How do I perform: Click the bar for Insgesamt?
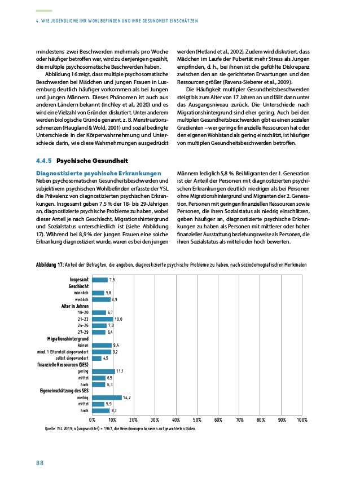point(100,280)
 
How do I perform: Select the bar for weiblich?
point(102,299)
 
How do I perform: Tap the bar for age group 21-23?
point(103,319)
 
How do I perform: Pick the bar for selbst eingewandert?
point(96,358)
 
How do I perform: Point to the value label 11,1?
point(120,372)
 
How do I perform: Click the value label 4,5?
point(106,358)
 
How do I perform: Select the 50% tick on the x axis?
point(197,420)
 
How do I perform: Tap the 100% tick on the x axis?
point(301,420)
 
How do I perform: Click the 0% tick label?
point(93,420)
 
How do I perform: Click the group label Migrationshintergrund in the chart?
point(68,338)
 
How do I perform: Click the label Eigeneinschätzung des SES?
point(64,391)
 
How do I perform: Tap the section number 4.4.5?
point(44,160)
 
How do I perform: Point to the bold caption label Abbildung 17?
point(49,264)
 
